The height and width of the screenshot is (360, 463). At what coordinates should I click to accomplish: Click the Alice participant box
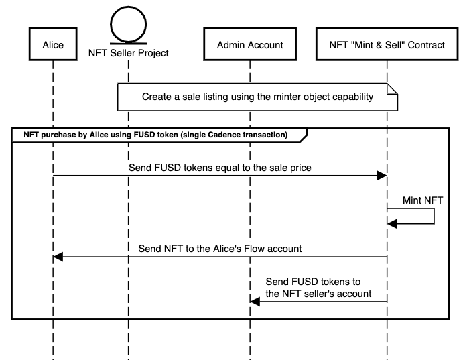pyautogui.click(x=52, y=45)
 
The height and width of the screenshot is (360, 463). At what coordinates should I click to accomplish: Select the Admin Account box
pyautogui.click(x=250, y=45)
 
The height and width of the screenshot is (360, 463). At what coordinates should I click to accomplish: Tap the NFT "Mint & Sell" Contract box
pyautogui.click(x=387, y=45)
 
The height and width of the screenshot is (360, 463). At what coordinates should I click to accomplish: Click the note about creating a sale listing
pyautogui.click(x=258, y=97)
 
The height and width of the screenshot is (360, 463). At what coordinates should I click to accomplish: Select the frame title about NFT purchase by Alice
pyautogui.click(x=156, y=135)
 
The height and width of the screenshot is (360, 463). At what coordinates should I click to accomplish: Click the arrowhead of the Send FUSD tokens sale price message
pyautogui.click(x=383, y=175)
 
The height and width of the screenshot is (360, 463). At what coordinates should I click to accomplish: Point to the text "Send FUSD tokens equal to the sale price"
pyautogui.click(x=220, y=166)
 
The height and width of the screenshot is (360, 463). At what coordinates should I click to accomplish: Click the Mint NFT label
pyautogui.click(x=423, y=200)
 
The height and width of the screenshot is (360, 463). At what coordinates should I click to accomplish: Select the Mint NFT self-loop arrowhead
pyautogui.click(x=392, y=224)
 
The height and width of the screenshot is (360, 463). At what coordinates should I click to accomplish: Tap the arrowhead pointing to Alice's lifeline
pyautogui.click(x=58, y=257)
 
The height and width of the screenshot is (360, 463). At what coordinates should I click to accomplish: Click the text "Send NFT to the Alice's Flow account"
pyautogui.click(x=220, y=248)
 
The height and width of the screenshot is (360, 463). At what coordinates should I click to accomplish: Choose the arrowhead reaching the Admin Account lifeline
pyautogui.click(x=255, y=301)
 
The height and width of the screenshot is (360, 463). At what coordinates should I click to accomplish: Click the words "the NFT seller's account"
pyautogui.click(x=318, y=294)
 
